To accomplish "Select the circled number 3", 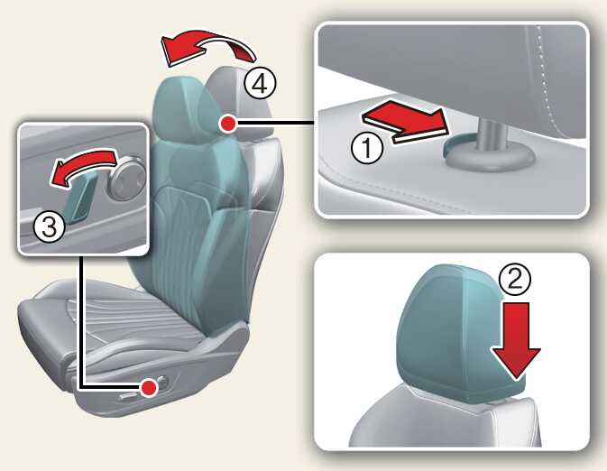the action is pyautogui.click(x=49, y=227).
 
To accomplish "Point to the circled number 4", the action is pyautogui.click(x=260, y=83).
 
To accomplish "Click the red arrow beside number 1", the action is pyautogui.click(x=405, y=122).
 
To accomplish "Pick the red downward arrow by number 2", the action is pyautogui.click(x=517, y=340).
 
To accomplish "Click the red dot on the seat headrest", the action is pyautogui.click(x=227, y=124).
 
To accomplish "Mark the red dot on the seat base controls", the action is pyautogui.click(x=150, y=387).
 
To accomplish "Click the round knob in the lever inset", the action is pyautogui.click(x=127, y=178).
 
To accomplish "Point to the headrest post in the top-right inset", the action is pyautogui.click(x=492, y=134).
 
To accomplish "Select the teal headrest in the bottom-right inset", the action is pyautogui.click(x=461, y=333).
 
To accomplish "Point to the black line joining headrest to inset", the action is pyautogui.click(x=275, y=124).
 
